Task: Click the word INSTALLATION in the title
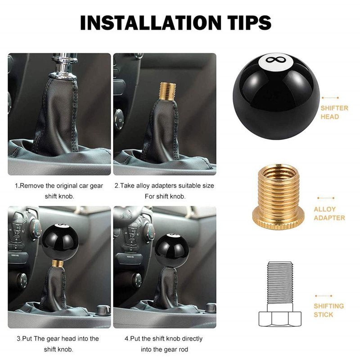[150, 22]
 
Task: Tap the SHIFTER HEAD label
[334, 112]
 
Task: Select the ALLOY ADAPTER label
[329, 213]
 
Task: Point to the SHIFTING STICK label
[329, 310]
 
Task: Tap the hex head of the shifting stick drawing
[280, 319]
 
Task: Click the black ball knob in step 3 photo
[60, 242]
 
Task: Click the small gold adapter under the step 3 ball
[58, 264]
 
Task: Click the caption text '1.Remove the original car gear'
[59, 185]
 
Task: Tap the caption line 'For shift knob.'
[165, 197]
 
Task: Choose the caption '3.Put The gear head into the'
[58, 339]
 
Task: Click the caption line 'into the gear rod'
[164, 350]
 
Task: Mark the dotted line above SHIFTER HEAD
[330, 98]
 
